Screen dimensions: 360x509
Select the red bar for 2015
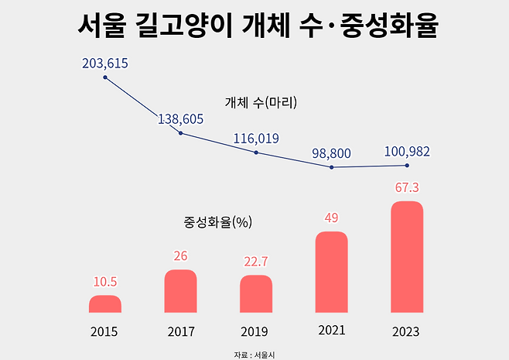pyautogui.click(x=105, y=304)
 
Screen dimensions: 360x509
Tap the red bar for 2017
pyautogui.click(x=181, y=291)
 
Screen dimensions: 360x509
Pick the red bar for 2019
pyautogui.click(x=256, y=294)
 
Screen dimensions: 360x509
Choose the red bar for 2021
pyautogui.click(x=331, y=272)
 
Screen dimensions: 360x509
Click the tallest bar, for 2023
pyautogui.click(x=407, y=257)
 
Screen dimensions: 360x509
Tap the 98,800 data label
pyautogui.click(x=331, y=153)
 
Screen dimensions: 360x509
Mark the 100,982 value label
pyautogui.click(x=407, y=151)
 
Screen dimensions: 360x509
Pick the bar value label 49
pyautogui.click(x=331, y=218)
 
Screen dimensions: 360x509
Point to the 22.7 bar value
pyautogui.click(x=256, y=261)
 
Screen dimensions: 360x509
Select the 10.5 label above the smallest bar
pyautogui.click(x=105, y=282)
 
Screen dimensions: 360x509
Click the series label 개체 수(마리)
pyautogui.click(x=261, y=102)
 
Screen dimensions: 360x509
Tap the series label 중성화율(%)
pyautogui.click(x=219, y=222)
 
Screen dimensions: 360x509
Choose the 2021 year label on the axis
pyautogui.click(x=331, y=331)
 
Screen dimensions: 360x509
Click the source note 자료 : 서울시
pyautogui.click(x=254, y=354)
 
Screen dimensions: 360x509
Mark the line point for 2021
pyautogui.click(x=331, y=167)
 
